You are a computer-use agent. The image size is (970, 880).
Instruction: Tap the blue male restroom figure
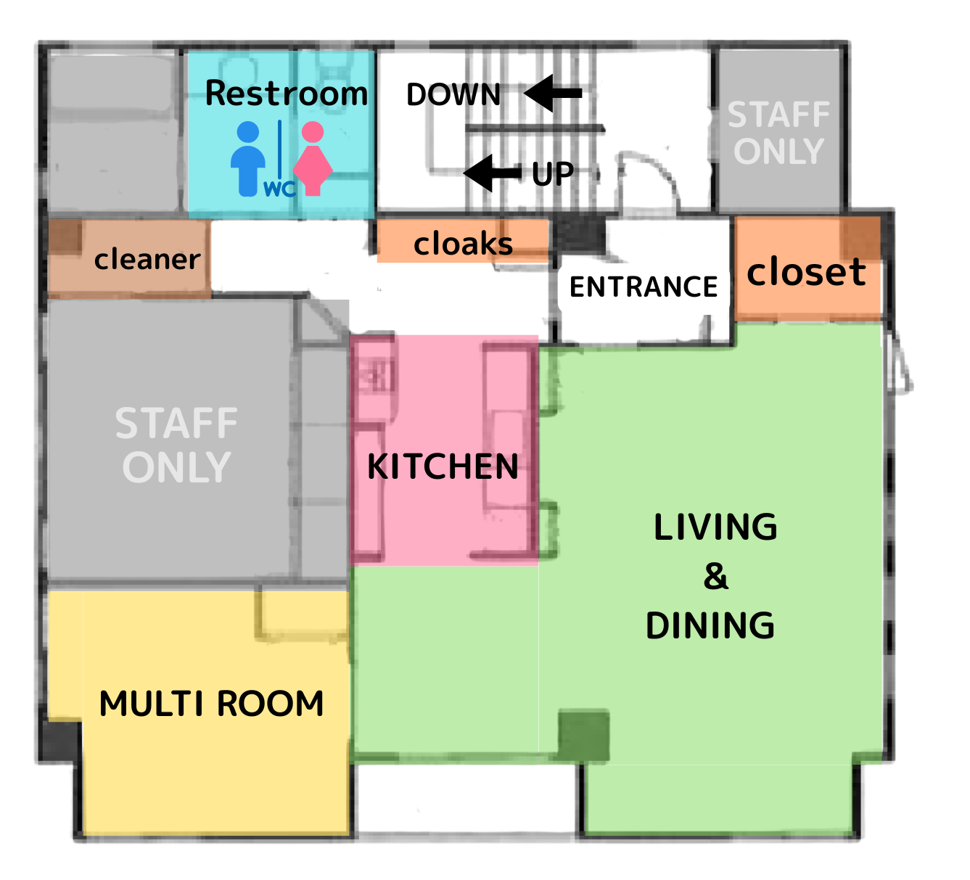(x=248, y=159)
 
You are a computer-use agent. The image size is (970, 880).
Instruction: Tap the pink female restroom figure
(x=313, y=159)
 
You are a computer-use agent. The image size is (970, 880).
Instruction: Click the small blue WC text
(x=280, y=189)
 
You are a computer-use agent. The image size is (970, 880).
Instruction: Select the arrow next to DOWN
(x=553, y=93)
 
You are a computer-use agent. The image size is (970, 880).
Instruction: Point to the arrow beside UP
(x=492, y=173)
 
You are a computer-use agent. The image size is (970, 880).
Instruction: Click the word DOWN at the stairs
(x=453, y=94)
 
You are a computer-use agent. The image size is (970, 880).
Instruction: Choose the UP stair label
(x=553, y=173)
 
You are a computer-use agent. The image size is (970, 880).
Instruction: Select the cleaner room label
(x=147, y=260)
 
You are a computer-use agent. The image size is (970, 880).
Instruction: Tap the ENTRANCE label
(x=644, y=287)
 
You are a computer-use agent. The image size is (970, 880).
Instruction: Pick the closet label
(x=806, y=272)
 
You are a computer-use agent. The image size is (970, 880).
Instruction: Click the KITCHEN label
(x=443, y=466)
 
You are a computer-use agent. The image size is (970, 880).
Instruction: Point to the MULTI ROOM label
(x=211, y=704)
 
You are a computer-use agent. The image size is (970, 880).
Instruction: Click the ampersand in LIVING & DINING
(x=715, y=576)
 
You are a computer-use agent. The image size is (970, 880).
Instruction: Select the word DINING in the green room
(x=710, y=625)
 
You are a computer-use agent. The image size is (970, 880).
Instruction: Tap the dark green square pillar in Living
(x=583, y=736)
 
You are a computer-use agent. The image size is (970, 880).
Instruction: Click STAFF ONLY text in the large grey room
(x=176, y=445)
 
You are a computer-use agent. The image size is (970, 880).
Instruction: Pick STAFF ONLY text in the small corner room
(x=778, y=133)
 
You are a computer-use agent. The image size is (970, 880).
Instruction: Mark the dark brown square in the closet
(x=860, y=239)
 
